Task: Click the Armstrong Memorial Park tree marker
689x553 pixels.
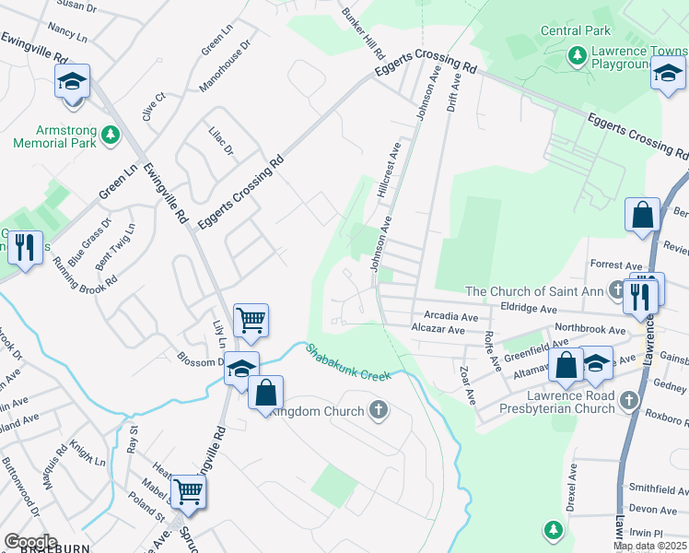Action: point(111,135)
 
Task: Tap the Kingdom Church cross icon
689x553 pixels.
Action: point(378,409)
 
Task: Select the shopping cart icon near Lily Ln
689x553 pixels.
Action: point(251,322)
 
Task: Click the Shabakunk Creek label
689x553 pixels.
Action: point(349,363)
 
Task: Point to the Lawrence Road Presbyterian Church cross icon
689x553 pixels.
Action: point(629,400)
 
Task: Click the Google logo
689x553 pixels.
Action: point(31,542)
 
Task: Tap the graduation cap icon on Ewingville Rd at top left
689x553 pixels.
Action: point(72,83)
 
